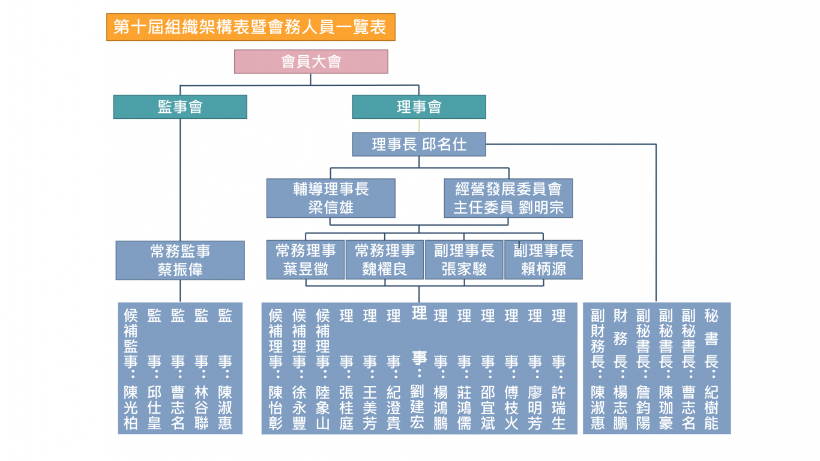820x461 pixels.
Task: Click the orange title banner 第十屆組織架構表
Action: tap(251, 27)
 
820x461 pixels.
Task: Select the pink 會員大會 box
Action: tap(311, 61)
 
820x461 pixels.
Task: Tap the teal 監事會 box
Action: tap(180, 107)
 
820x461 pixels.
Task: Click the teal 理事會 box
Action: tap(419, 107)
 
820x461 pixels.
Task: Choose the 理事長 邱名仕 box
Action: tap(419, 144)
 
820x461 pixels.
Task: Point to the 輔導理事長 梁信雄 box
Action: tap(331, 198)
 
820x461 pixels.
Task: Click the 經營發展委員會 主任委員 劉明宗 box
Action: tap(508, 198)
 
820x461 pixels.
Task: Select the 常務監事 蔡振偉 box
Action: tap(180, 261)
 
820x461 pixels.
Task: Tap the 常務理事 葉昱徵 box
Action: tap(306, 259)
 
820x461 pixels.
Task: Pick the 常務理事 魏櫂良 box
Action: tap(385, 259)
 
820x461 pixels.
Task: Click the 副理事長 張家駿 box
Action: tap(464, 259)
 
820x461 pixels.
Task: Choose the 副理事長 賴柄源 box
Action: tap(544, 259)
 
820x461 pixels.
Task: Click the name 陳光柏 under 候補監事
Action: tap(131, 408)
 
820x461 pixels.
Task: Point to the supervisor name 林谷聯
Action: tap(201, 408)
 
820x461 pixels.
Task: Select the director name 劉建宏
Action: tap(417, 407)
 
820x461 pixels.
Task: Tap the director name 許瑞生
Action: tap(559, 408)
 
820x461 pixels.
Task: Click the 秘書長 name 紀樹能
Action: tap(711, 408)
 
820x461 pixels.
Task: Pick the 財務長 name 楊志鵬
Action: tap(621, 408)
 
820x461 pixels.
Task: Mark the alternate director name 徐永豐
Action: tap(299, 408)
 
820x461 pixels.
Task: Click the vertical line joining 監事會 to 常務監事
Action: tap(180, 180)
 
